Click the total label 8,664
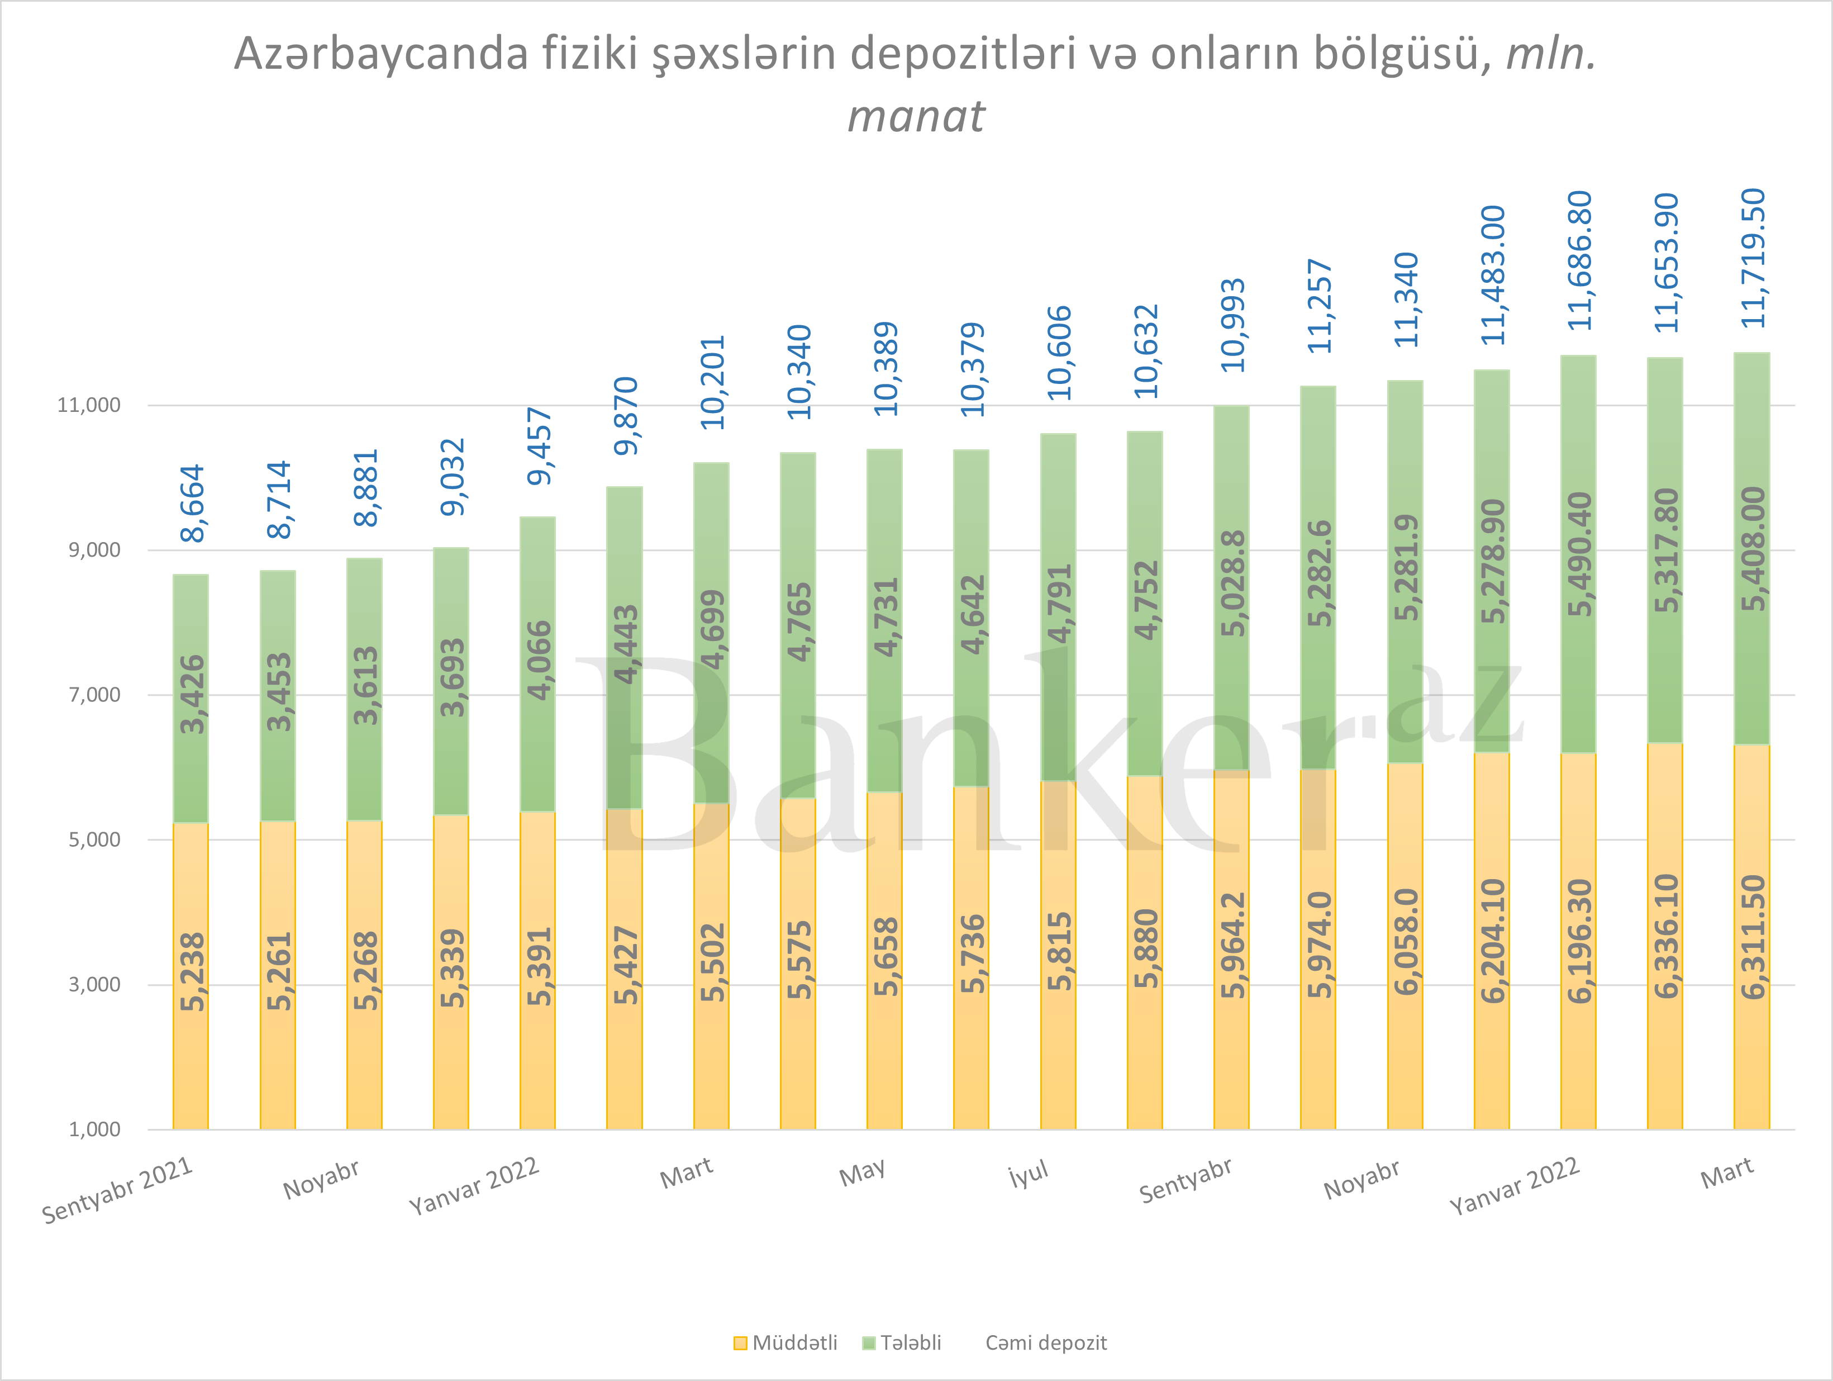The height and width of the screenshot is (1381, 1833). coord(192,503)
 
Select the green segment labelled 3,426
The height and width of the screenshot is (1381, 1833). coord(191,696)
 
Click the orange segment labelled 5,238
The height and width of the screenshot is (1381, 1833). coord(191,974)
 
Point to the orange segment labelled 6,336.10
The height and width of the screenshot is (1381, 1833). coord(1665,937)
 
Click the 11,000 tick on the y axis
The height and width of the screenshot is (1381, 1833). coord(89,405)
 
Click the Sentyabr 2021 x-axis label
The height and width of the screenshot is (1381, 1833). coord(118,1190)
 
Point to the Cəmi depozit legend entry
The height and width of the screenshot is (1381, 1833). coord(1046,1343)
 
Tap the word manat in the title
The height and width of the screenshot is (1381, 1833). coord(916,116)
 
